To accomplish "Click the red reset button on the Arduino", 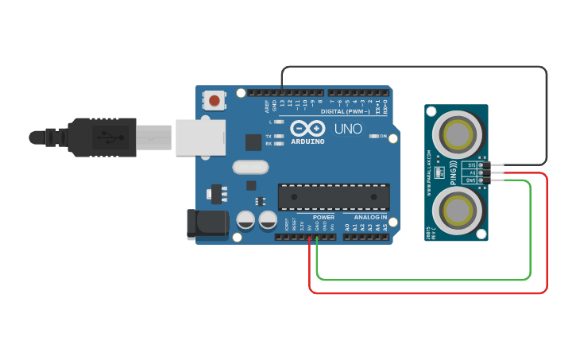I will (214, 100).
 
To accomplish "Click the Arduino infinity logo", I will (307, 128).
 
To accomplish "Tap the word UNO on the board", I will (348, 129).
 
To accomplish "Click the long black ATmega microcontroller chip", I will (334, 197).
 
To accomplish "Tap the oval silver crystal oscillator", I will (251, 167).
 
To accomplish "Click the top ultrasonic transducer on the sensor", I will (458, 133).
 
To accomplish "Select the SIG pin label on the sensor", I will (471, 165).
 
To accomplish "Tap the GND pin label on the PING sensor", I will (471, 180).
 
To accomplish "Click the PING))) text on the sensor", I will (454, 172).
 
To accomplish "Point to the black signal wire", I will (413, 67).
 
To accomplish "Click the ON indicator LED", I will (373, 137).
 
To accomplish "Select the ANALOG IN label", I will (371, 217).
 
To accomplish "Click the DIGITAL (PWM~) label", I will (345, 111).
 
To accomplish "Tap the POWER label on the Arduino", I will (323, 217).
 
